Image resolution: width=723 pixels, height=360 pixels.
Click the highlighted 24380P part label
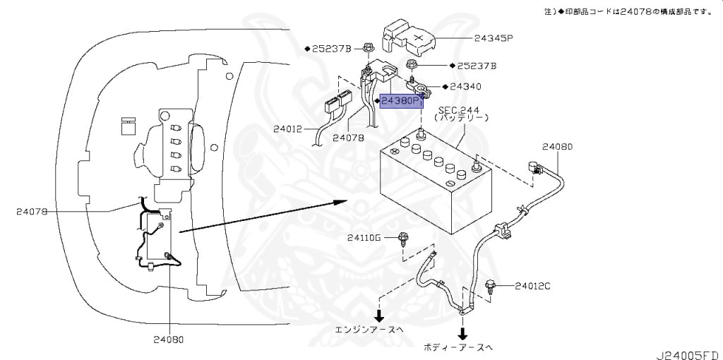point(402,102)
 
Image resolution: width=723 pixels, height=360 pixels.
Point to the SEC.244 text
point(459,111)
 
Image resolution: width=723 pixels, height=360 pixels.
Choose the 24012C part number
point(532,286)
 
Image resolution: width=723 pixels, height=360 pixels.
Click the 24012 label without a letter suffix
point(289,129)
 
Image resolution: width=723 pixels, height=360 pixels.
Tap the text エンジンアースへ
point(371,330)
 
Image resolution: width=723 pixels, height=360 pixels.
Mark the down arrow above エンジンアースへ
point(380,314)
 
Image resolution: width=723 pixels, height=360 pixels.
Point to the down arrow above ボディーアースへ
point(462,331)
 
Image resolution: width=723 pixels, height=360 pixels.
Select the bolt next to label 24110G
point(404,239)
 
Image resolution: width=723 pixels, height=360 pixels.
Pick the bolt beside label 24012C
point(491,286)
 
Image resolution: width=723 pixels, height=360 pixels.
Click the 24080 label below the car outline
point(169,339)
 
